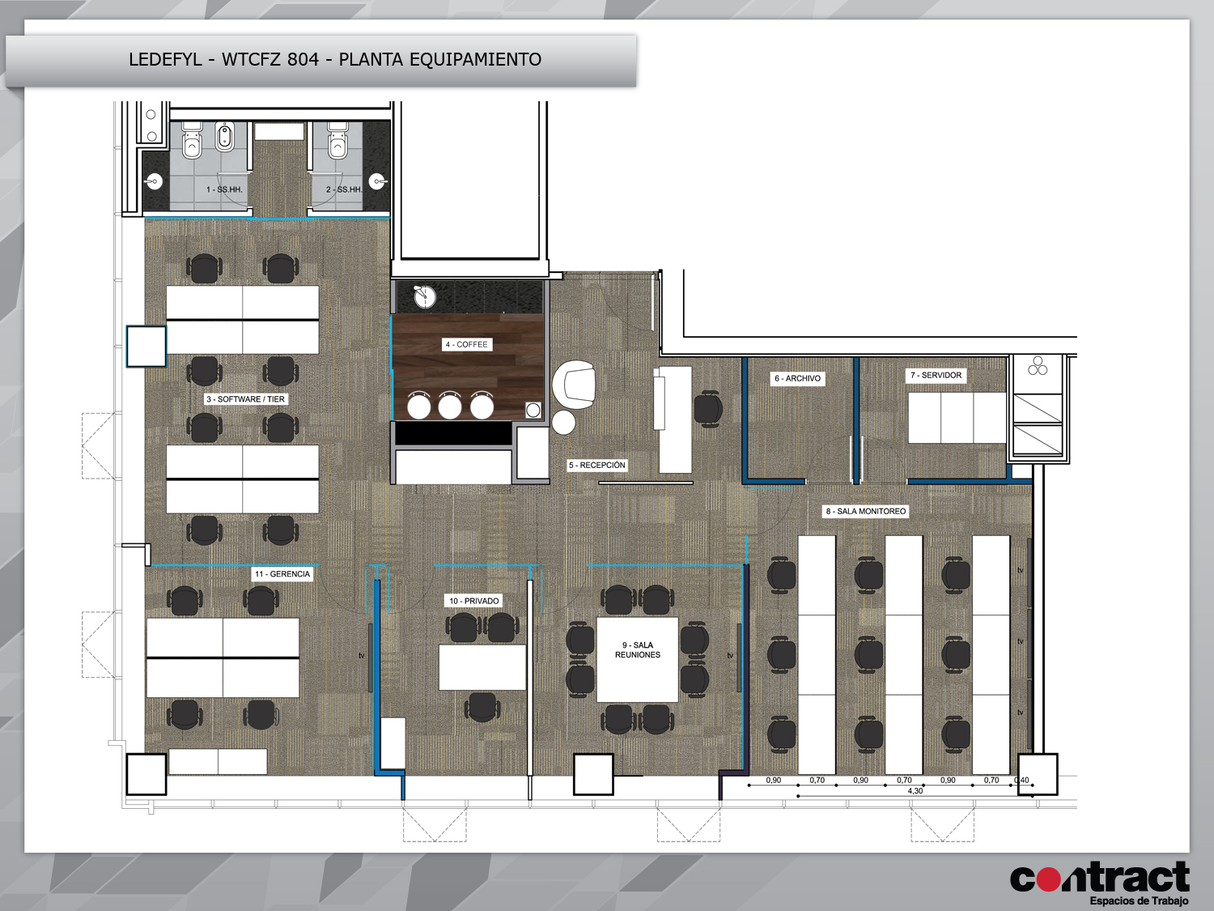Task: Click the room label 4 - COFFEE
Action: point(466,345)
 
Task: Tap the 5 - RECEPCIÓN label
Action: point(596,465)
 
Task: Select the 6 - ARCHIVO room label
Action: point(797,378)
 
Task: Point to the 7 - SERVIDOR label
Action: point(936,375)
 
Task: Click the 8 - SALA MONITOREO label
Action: point(866,511)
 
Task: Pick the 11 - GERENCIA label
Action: point(282,574)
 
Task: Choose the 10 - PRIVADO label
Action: point(474,601)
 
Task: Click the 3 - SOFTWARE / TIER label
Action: point(245,398)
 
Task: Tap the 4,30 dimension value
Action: point(915,791)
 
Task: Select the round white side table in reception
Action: point(563,422)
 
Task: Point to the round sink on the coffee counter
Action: point(425,296)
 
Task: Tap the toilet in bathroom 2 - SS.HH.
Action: point(337,141)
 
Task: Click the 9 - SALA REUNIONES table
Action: point(637,659)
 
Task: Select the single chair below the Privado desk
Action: point(482,708)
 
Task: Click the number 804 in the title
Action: point(303,59)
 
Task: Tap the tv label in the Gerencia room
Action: point(361,655)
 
